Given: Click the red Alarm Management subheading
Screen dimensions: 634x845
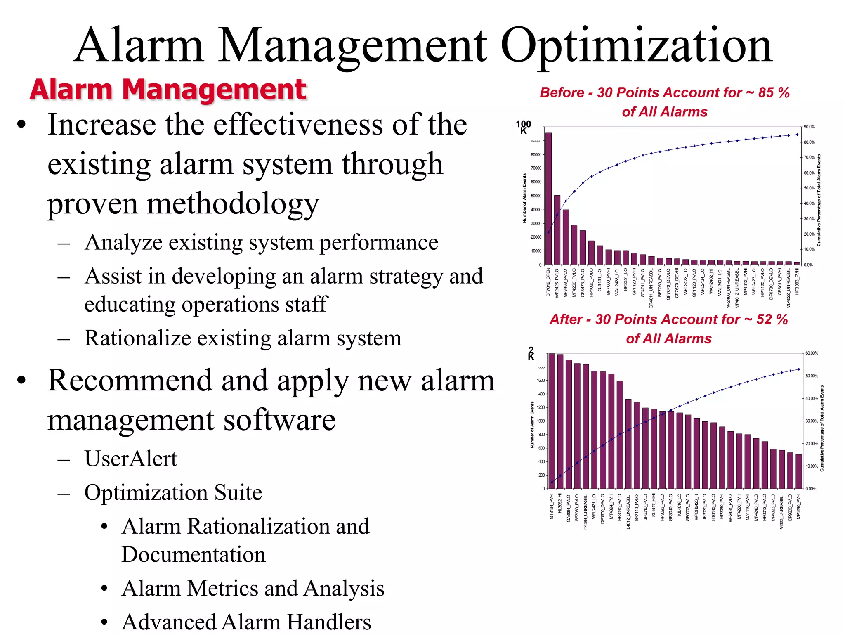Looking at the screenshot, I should point(168,90).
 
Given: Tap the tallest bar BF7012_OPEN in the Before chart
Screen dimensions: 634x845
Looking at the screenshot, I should point(548,198).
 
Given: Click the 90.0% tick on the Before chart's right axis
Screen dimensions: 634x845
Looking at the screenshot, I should point(809,127).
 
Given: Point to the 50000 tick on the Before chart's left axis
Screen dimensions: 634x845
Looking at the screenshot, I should point(536,196).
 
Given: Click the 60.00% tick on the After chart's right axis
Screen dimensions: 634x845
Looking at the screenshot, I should point(812,353).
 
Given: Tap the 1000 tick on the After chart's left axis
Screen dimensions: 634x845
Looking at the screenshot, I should point(541,421).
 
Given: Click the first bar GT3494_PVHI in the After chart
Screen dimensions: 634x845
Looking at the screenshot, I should point(552,421).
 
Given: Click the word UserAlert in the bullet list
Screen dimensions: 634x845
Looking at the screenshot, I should point(131,459).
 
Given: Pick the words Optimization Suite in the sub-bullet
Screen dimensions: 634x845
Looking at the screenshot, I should point(173,492).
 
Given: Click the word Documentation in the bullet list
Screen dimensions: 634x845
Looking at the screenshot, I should point(194,554).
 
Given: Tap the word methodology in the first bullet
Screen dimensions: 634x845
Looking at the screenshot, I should point(233,203).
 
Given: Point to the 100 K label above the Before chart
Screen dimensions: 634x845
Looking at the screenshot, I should point(523,127).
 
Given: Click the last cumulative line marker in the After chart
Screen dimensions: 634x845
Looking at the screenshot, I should point(799,369).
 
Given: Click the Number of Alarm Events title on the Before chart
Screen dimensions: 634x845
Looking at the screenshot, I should point(524,198).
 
